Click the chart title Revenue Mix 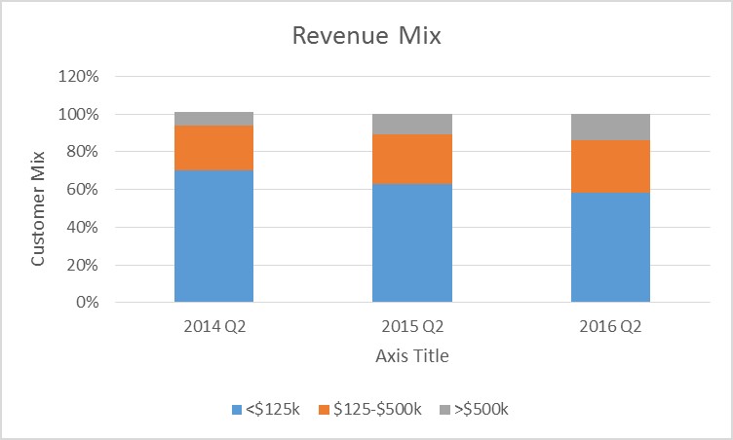click(366, 37)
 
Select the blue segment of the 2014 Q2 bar click(213, 237)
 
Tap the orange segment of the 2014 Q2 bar click(213, 148)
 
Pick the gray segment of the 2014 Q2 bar click(213, 119)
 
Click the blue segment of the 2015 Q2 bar click(411, 243)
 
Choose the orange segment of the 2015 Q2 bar click(411, 159)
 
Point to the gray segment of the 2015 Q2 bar click(411, 124)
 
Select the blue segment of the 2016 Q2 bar click(610, 247)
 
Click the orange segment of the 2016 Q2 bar click(610, 166)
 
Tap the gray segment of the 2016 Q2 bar click(610, 127)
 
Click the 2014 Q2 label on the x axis click(213, 326)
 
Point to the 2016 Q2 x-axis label click(610, 326)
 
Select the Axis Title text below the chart click(411, 356)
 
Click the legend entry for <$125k click(265, 410)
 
